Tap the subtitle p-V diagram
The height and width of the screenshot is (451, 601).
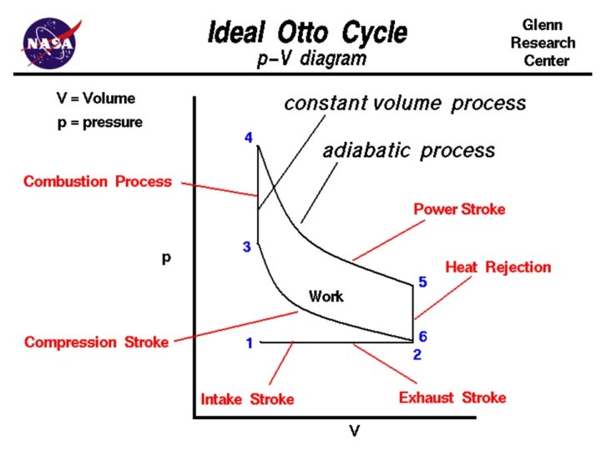(x=311, y=60)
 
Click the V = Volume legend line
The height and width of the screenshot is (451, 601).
(x=95, y=99)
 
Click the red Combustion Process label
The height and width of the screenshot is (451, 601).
(x=98, y=181)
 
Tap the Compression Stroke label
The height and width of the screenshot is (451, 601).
(x=97, y=342)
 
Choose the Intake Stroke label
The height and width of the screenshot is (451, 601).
(x=247, y=399)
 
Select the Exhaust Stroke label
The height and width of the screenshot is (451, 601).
(x=452, y=398)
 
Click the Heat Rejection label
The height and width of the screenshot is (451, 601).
(x=498, y=267)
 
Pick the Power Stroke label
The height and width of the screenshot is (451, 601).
(x=460, y=209)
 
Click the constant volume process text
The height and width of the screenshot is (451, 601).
(x=405, y=103)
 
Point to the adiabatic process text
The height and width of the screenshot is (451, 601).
(x=408, y=151)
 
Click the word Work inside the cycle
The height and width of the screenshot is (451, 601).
(x=326, y=296)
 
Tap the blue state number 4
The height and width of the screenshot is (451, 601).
(x=249, y=137)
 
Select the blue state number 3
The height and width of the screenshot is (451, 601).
(x=247, y=246)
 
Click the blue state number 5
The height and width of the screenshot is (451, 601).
(x=423, y=282)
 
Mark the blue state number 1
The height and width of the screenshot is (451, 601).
(x=249, y=342)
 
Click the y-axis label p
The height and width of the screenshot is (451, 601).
(x=166, y=258)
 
